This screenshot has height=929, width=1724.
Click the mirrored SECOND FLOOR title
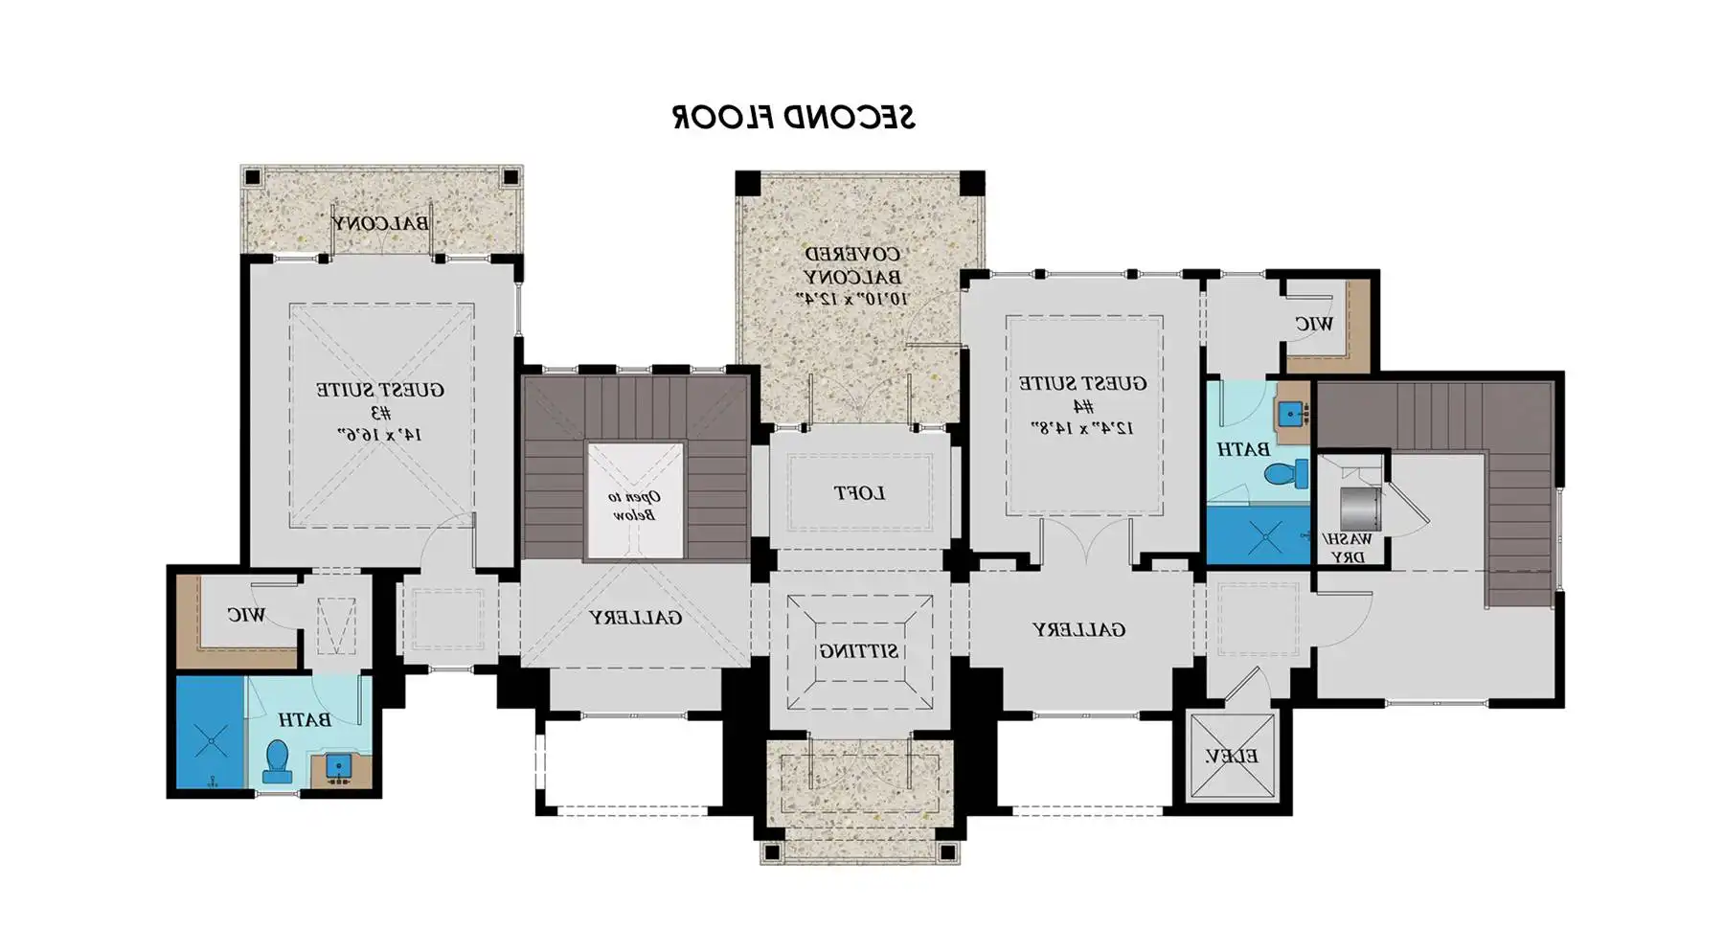(793, 117)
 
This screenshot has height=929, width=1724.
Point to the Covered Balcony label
(852, 265)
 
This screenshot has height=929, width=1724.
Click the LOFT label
(859, 493)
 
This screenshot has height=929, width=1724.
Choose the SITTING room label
(859, 651)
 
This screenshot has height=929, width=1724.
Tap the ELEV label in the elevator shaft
(1232, 757)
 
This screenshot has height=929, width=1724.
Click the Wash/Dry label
(1349, 548)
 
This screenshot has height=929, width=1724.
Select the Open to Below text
(634, 506)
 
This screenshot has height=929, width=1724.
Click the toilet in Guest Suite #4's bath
(1286, 473)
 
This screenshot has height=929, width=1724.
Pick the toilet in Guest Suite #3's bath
(278, 761)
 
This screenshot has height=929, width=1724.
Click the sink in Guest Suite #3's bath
(337, 766)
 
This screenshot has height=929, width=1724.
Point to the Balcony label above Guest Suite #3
(380, 223)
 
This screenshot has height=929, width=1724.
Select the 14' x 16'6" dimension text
(380, 434)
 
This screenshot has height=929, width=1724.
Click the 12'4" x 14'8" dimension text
(1082, 426)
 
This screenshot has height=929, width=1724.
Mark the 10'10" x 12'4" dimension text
(852, 298)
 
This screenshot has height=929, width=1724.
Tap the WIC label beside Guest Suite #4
(1313, 324)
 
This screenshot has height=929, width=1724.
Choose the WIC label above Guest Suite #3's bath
(246, 614)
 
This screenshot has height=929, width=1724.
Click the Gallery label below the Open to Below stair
(635, 618)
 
